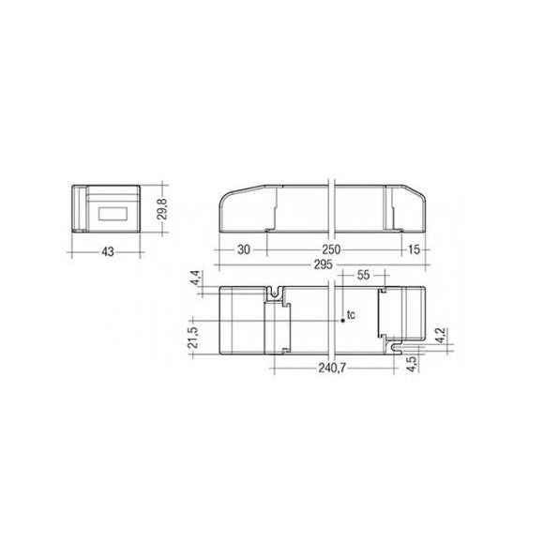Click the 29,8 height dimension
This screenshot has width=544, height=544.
click(x=162, y=209)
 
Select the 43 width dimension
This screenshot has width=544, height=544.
click(x=108, y=251)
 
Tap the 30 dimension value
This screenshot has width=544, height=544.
click(x=244, y=249)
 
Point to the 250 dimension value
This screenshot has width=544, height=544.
click(x=331, y=249)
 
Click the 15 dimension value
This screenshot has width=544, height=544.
click(x=414, y=249)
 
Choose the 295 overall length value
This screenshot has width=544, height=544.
click(x=323, y=264)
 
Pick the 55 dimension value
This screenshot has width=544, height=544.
click(x=363, y=275)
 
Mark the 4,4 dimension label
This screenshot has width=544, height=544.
click(x=196, y=278)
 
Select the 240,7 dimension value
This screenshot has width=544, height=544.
click(x=332, y=368)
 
